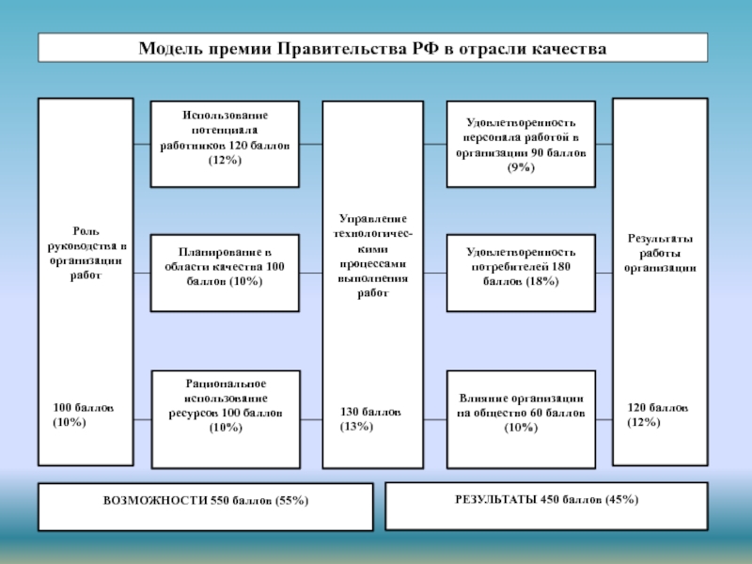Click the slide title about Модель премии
point(372,48)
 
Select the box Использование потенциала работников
point(225,143)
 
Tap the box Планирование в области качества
point(225,274)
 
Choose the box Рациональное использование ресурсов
point(225,418)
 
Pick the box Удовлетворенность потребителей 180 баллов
point(520,274)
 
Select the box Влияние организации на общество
point(520,418)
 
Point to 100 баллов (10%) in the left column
point(84,415)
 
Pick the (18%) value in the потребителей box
point(520,281)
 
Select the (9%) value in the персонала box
point(520,167)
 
